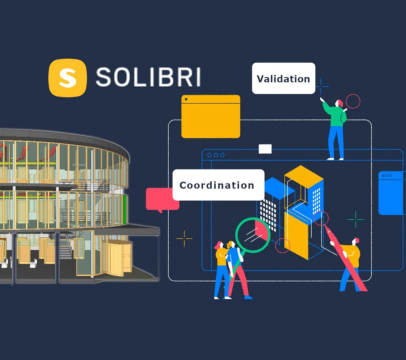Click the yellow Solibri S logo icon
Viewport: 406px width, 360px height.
point(68,78)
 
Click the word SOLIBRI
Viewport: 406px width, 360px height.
point(148,77)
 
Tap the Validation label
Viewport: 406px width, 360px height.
point(283,78)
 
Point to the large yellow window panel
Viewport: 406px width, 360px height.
point(211,116)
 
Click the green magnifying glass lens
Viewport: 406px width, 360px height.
point(253,235)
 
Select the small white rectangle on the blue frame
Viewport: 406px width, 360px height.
point(265,149)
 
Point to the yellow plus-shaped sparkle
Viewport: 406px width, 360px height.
point(184,239)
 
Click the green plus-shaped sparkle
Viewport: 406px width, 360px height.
point(356,219)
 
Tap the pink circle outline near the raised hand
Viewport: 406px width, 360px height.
point(353,101)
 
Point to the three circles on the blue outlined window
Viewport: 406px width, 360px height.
point(216,155)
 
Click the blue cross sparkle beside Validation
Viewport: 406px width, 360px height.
point(321,87)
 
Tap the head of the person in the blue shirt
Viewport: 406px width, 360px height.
point(231,245)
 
